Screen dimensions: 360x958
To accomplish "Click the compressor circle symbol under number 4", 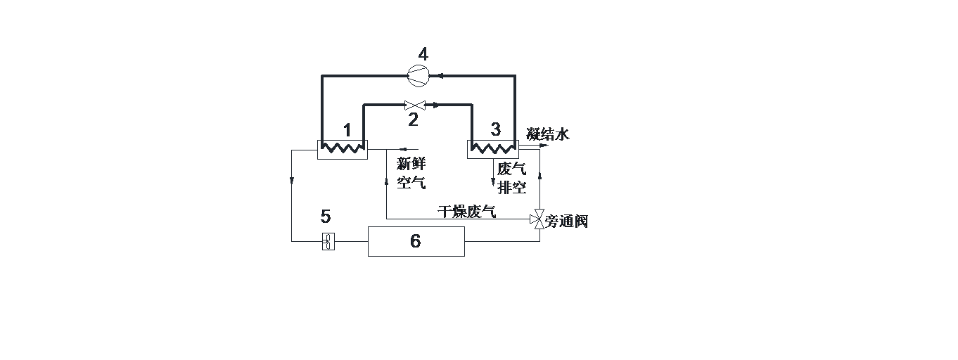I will click(x=418, y=75).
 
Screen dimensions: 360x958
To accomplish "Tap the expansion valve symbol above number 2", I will click(x=413, y=105).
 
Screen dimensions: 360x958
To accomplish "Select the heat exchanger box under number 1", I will click(x=342, y=148).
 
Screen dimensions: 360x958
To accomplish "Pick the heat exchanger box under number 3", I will click(x=492, y=148).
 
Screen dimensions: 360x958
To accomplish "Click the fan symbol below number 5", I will click(x=328, y=241).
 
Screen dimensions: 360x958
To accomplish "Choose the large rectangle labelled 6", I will click(x=416, y=241).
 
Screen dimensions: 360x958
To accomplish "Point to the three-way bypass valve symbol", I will click(x=539, y=219).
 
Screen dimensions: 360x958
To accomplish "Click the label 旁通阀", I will click(x=567, y=221).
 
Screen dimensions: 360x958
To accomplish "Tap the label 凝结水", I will click(x=547, y=134).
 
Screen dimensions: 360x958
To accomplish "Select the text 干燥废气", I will click(x=466, y=211).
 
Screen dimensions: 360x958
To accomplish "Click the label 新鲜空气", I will click(x=411, y=173).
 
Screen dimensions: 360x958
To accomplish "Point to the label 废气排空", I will click(x=512, y=178).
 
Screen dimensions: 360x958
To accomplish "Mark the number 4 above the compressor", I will click(x=423, y=54).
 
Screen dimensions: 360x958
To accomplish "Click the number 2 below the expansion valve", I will click(x=413, y=120).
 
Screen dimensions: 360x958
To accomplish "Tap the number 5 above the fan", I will click(x=325, y=216).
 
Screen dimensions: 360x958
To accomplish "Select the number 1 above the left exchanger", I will click(x=347, y=130).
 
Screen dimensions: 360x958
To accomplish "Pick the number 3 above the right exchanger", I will click(x=496, y=129).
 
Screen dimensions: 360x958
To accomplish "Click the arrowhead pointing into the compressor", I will click(x=431, y=75).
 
